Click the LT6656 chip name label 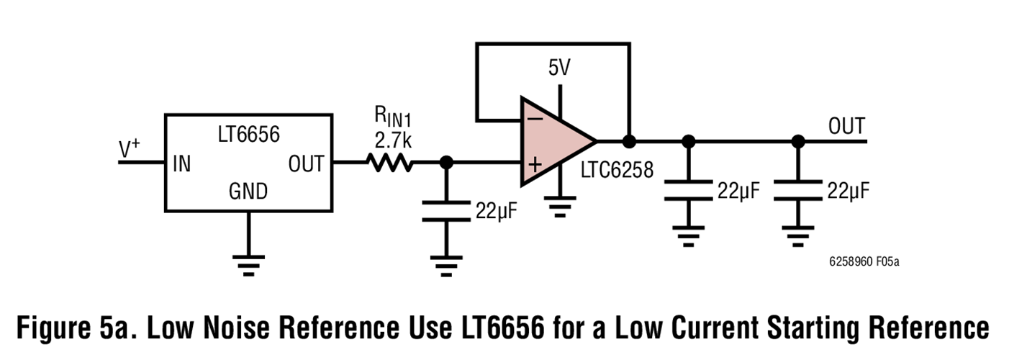(x=248, y=134)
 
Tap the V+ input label (x=130, y=149)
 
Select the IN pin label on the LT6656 (x=181, y=164)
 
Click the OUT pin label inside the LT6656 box (x=306, y=164)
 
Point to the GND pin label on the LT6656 (x=248, y=192)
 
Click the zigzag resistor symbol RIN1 (x=390, y=163)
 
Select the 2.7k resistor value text (x=392, y=138)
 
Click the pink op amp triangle (x=554, y=140)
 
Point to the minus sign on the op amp (x=534, y=118)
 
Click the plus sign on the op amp (x=534, y=164)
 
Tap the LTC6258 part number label (x=617, y=170)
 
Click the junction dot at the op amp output (x=629, y=140)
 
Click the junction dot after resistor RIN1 (x=446, y=163)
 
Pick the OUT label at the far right (x=846, y=126)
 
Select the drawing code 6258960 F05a (x=864, y=261)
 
